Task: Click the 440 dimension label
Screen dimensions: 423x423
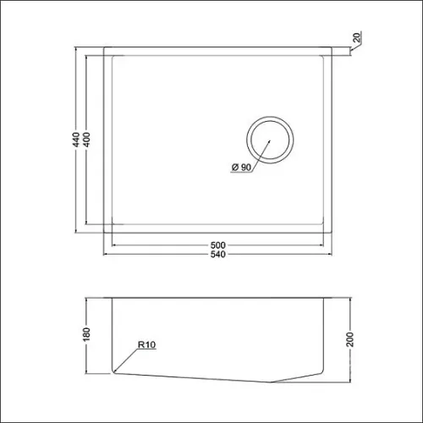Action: click(x=76, y=140)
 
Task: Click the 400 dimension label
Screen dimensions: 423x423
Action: click(x=87, y=140)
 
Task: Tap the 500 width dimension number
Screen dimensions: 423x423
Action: click(x=218, y=244)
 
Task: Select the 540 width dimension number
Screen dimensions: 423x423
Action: click(x=218, y=254)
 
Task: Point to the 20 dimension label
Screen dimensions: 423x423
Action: click(x=357, y=37)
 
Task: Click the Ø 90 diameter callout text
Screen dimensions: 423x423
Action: click(x=241, y=168)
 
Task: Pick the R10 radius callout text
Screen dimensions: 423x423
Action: click(x=146, y=344)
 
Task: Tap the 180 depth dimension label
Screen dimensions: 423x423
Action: click(x=86, y=334)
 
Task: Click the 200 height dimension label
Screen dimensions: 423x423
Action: click(x=349, y=339)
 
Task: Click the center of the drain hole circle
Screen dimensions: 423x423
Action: click(x=270, y=140)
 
